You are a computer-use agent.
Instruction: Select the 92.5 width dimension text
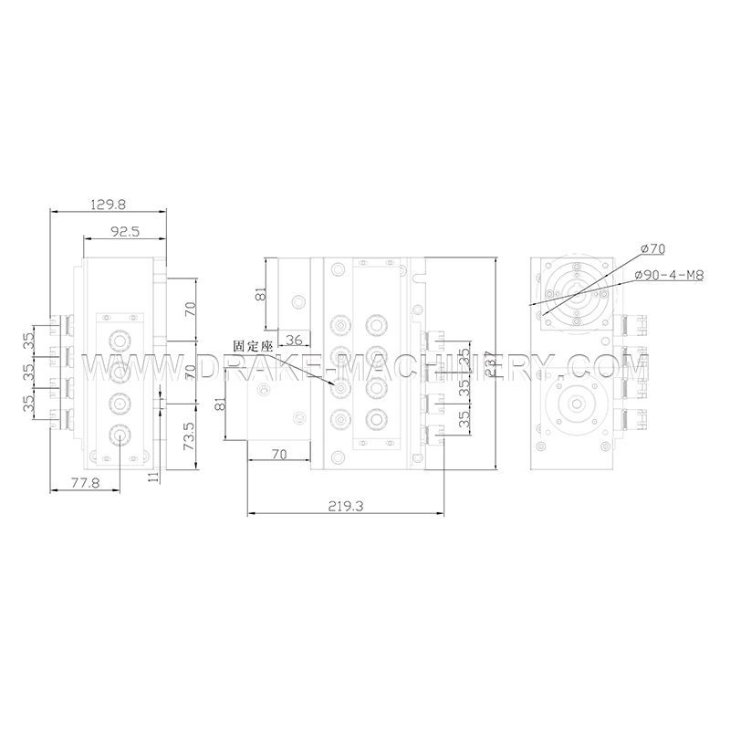point(124,232)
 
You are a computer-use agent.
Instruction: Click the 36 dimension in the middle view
point(294,340)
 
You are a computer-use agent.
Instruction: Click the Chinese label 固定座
point(253,347)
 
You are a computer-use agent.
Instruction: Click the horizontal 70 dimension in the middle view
point(278,454)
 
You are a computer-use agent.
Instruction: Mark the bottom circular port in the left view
point(120,436)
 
